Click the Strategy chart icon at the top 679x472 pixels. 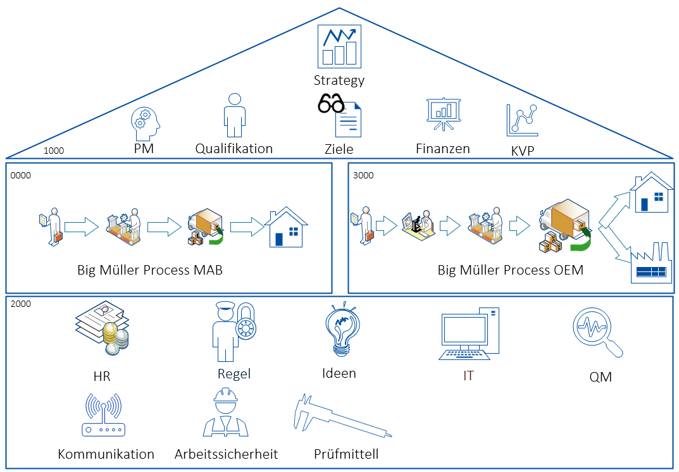point(339,46)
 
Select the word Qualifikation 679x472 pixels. point(234,149)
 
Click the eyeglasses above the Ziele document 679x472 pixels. point(330,103)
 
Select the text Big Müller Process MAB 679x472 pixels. point(150,270)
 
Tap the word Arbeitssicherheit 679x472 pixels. point(226,454)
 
